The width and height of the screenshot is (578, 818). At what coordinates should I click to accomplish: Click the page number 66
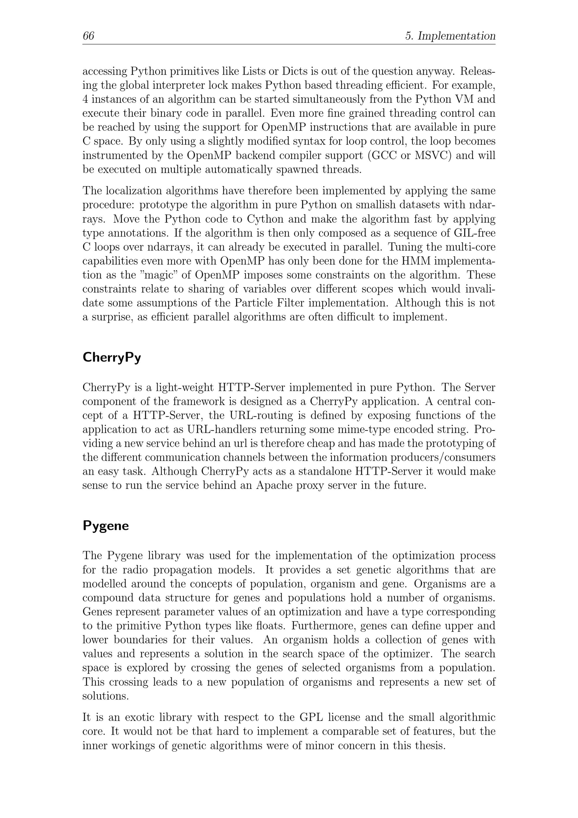(x=88, y=36)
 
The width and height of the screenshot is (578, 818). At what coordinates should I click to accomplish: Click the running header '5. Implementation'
(x=450, y=36)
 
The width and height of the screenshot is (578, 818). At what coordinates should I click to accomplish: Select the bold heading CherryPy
(x=112, y=357)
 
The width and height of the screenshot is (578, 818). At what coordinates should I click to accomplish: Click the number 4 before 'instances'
(x=85, y=99)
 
